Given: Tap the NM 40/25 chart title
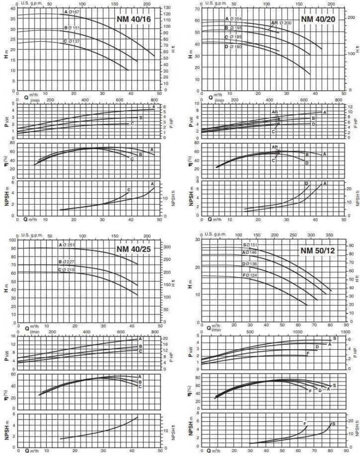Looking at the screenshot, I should click(133, 249).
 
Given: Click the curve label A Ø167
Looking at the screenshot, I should click(72, 11).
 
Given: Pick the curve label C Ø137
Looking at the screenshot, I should click(71, 42).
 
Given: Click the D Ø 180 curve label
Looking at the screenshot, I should click(233, 47).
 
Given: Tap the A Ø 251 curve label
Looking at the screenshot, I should click(67, 245).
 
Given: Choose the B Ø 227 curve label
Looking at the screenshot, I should click(66, 262).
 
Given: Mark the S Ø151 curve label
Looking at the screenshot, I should click(250, 245).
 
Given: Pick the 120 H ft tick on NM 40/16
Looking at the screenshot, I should click(168, 14).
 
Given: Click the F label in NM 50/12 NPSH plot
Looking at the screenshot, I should click(305, 423).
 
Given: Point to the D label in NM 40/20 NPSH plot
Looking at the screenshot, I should click(306, 184).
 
